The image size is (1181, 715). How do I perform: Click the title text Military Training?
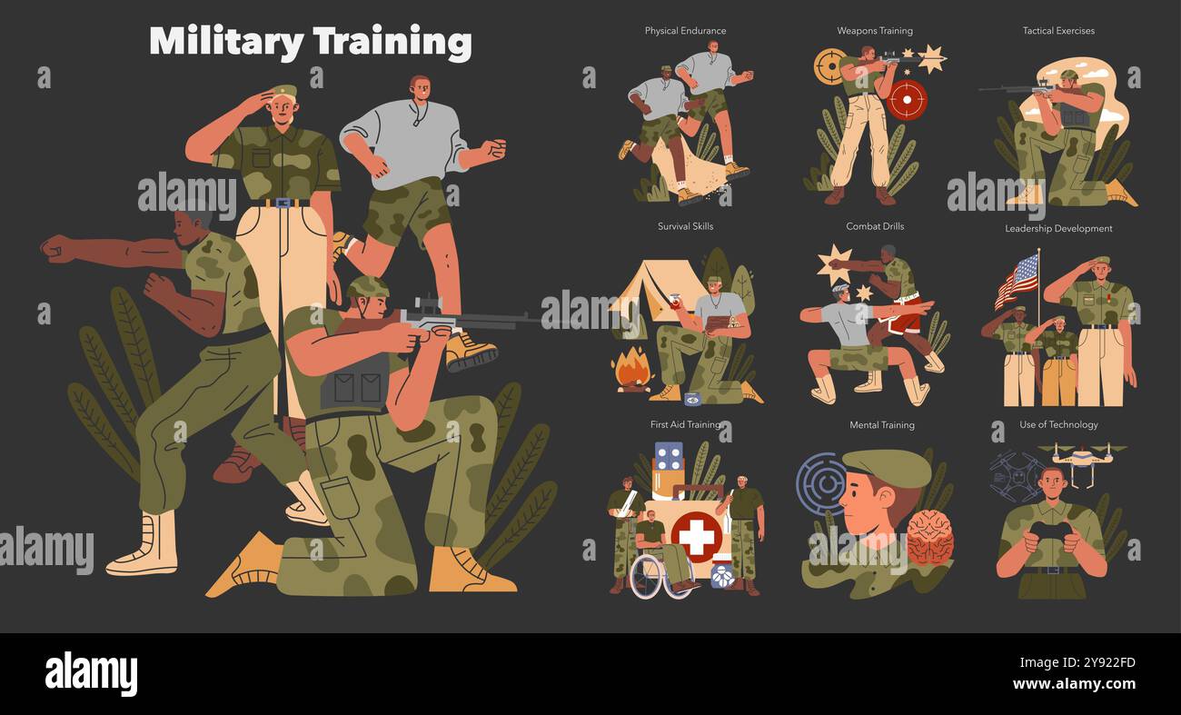[x=310, y=42]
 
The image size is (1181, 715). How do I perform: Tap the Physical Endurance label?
[x=685, y=31]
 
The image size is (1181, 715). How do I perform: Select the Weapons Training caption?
[x=874, y=31]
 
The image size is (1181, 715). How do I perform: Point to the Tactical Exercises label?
[x=1058, y=31]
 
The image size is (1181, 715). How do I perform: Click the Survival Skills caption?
[x=685, y=226]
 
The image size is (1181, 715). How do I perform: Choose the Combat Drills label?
[x=875, y=226]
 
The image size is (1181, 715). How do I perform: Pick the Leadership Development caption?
[x=1058, y=229]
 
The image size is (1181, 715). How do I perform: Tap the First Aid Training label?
[x=685, y=424]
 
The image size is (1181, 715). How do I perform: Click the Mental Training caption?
[x=881, y=425]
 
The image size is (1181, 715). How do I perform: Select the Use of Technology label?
[x=1058, y=424]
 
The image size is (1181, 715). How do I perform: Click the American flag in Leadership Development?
[x=1017, y=280]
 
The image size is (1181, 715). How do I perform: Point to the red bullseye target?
[x=907, y=99]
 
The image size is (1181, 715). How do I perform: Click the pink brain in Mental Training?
[x=929, y=537]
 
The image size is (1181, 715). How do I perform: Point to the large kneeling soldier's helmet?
[x=368, y=288]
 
